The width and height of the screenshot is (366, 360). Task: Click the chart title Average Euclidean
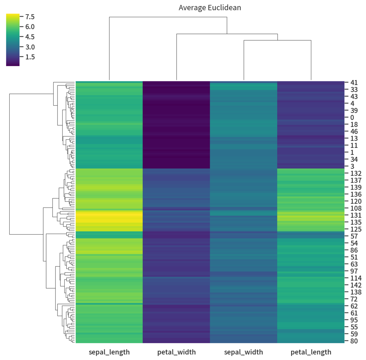point(210,7)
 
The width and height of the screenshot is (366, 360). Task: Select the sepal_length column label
point(109,352)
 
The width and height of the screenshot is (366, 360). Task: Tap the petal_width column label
point(176,352)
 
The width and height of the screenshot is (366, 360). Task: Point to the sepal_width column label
point(243,352)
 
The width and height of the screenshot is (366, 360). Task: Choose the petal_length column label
point(311,352)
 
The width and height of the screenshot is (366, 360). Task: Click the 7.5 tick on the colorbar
point(30,16)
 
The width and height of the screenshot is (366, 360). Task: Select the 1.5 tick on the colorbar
point(30,57)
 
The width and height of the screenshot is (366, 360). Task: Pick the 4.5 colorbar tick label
point(30,37)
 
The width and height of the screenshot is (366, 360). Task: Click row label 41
point(354,82)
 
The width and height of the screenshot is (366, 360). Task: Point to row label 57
point(354,236)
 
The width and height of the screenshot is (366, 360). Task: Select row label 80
point(354,341)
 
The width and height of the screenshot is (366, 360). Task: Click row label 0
point(352,117)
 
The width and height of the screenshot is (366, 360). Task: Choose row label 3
point(352,166)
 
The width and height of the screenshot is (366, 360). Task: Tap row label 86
point(354,250)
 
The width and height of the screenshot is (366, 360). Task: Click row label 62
point(354,306)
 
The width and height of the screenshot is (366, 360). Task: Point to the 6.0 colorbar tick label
point(30,27)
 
